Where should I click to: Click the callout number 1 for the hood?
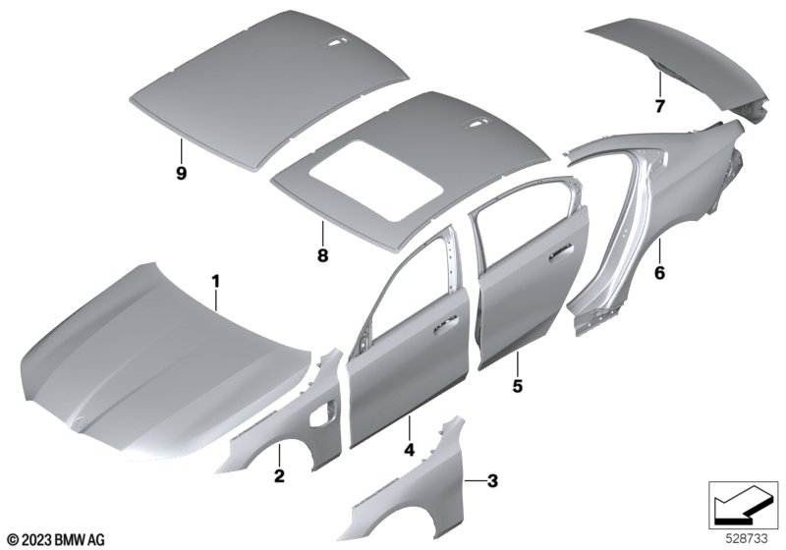pyautogui.click(x=216, y=282)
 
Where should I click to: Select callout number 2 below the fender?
pyautogui.click(x=279, y=476)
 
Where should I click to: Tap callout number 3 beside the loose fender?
pyautogui.click(x=493, y=481)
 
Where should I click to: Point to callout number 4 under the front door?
pyautogui.click(x=410, y=449)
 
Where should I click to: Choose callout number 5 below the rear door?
pyautogui.click(x=518, y=386)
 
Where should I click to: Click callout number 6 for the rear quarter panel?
pyautogui.click(x=659, y=273)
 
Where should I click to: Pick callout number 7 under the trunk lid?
pyautogui.click(x=659, y=106)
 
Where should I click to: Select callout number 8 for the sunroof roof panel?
pyautogui.click(x=323, y=255)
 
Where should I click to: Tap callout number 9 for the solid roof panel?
pyautogui.click(x=181, y=173)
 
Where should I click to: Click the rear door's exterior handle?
pyautogui.click(x=561, y=253)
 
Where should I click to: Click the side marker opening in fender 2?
pyautogui.click(x=321, y=412)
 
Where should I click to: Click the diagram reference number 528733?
pyautogui.click(x=747, y=539)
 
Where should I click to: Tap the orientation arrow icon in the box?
pyautogui.click(x=743, y=507)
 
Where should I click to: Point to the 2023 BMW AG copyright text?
pyautogui.click(x=57, y=539)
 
